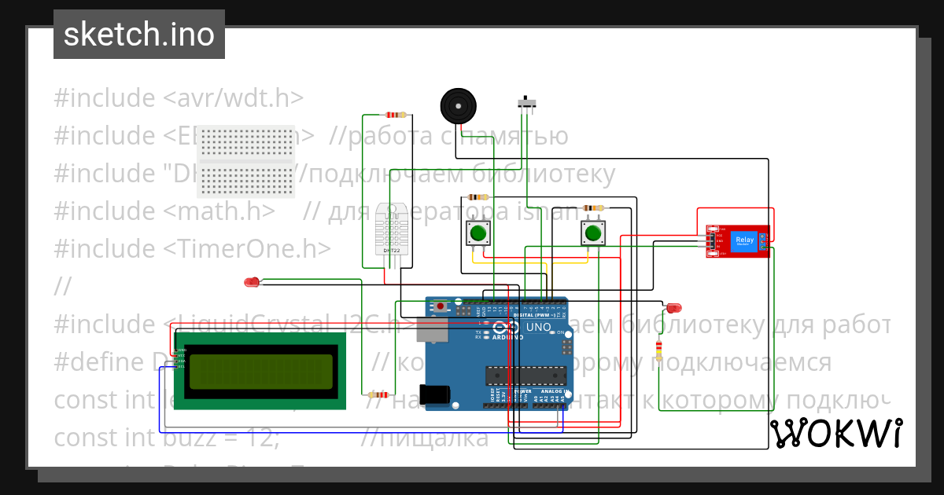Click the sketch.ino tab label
(x=139, y=35)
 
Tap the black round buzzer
(x=458, y=105)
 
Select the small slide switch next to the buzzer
(x=527, y=102)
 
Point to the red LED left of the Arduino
(x=252, y=282)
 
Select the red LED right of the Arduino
(x=674, y=308)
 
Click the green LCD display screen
(x=260, y=371)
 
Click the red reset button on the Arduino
(x=441, y=306)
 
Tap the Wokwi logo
(x=835, y=433)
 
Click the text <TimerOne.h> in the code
(x=247, y=248)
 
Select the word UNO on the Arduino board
(x=538, y=327)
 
